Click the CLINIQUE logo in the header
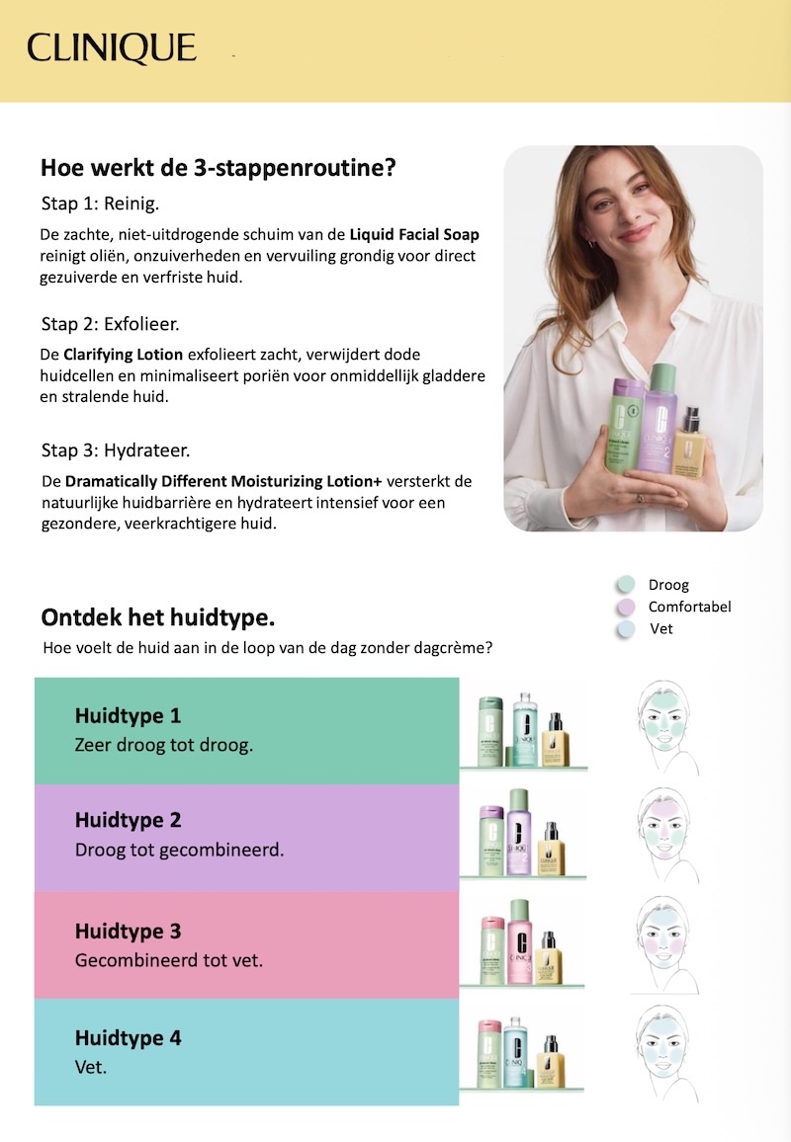(x=112, y=48)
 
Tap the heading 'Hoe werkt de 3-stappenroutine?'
(x=218, y=168)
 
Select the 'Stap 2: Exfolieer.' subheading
(x=110, y=324)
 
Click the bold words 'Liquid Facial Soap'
(x=414, y=234)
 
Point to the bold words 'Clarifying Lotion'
(x=124, y=355)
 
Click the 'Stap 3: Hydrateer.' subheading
(x=115, y=450)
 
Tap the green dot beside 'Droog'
(x=626, y=585)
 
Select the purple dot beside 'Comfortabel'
(x=626, y=607)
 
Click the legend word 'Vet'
(x=661, y=628)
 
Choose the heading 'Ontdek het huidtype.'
(x=157, y=617)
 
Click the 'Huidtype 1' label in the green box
(x=128, y=716)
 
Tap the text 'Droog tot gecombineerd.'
(x=179, y=850)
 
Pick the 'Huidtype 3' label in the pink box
(x=128, y=932)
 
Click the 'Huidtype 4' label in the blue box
(x=128, y=1038)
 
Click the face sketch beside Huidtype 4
(x=664, y=1052)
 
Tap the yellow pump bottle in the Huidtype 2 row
(x=551, y=849)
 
